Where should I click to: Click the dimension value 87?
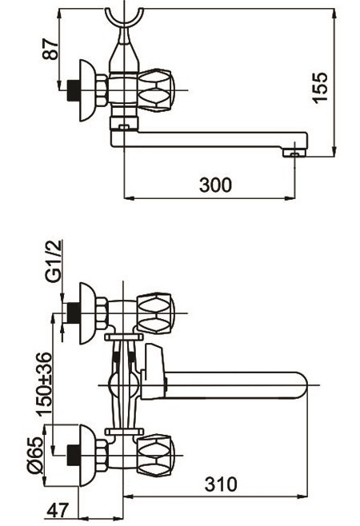pos(51,49)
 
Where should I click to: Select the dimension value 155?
pos(319,87)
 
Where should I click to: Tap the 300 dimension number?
pos(215,185)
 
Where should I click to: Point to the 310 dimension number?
pos(221,484)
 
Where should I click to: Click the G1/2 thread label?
pos(54,261)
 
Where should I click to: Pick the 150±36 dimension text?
pos(45,384)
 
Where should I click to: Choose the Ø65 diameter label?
pos(35,455)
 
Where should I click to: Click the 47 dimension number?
pos(58,511)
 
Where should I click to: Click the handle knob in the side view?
pos(156,90)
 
